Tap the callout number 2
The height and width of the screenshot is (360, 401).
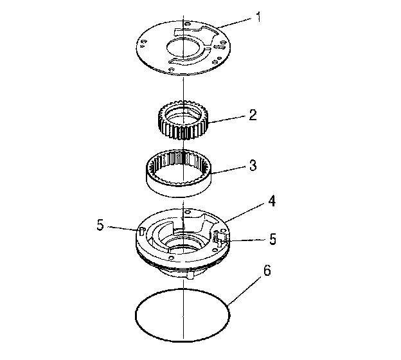click(253, 116)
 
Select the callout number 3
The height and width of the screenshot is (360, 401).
click(253, 166)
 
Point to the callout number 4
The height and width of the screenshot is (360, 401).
click(272, 201)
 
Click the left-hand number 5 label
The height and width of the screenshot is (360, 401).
click(100, 226)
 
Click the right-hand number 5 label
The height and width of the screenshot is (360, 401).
click(272, 239)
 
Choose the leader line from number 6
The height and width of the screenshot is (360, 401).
click(247, 286)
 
